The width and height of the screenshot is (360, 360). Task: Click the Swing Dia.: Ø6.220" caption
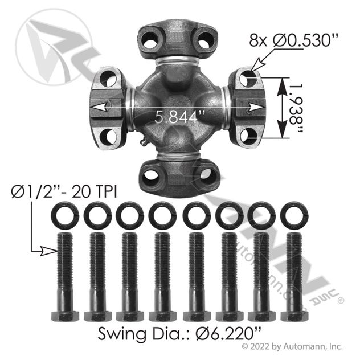pos(180,334)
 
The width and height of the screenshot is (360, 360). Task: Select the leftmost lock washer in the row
pos(65,215)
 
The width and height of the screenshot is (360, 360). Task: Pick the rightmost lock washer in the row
pos(294,215)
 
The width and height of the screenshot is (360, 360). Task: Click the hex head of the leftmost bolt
pos(65,316)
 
